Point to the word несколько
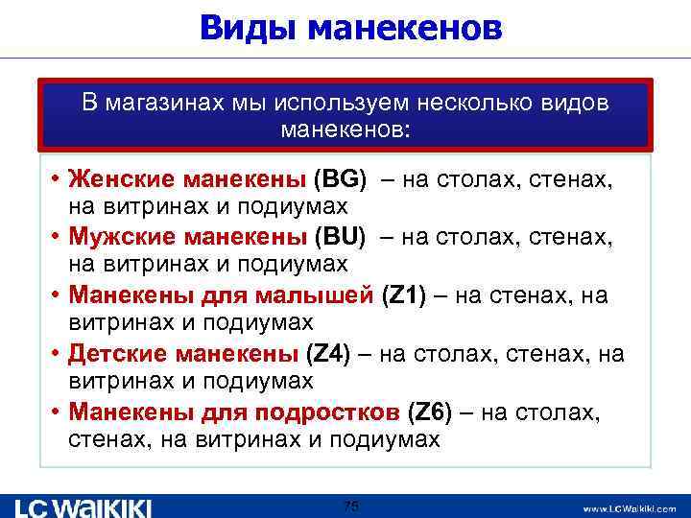tap(477, 102)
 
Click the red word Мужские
tap(118, 236)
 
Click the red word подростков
tap(327, 413)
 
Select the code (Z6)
tap(429, 413)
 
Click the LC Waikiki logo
tap(83, 506)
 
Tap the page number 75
tap(351, 506)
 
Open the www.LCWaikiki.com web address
tap(629, 507)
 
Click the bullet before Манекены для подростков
tap(57, 413)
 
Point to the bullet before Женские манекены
tap(57, 178)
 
